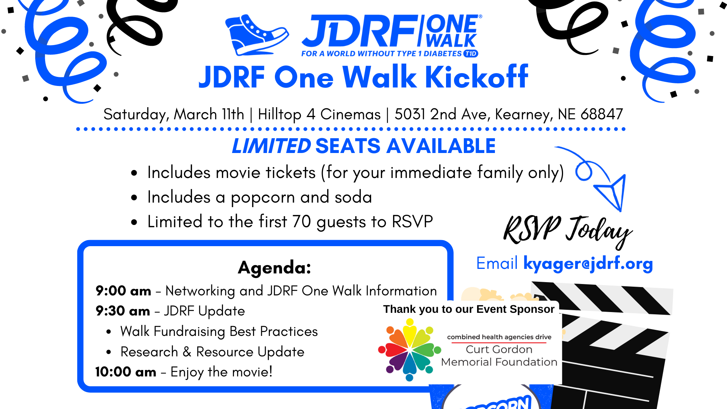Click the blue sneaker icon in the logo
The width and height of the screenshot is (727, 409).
[x=257, y=35]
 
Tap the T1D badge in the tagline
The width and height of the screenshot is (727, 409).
[x=471, y=54]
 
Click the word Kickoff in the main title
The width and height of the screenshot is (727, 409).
[x=477, y=77]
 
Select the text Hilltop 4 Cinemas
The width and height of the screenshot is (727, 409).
[x=319, y=114]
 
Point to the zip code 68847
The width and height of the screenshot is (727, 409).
[x=602, y=114]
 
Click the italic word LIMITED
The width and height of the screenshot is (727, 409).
[x=271, y=146]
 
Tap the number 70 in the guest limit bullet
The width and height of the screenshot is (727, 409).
[x=301, y=222]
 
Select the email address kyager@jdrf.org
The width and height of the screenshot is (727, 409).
[x=588, y=264]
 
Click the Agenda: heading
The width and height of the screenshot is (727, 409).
[x=275, y=268]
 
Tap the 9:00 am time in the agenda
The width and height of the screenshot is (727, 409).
[x=123, y=291]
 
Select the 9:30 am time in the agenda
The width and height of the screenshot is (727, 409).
[x=123, y=311]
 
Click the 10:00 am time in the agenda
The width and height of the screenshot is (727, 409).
[x=126, y=372]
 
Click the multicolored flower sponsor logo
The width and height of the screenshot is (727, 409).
[x=410, y=350]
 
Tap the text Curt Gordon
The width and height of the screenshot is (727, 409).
[x=499, y=350]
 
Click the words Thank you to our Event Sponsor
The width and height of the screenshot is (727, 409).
[x=469, y=309]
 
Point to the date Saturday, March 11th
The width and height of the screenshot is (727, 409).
[x=174, y=115]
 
